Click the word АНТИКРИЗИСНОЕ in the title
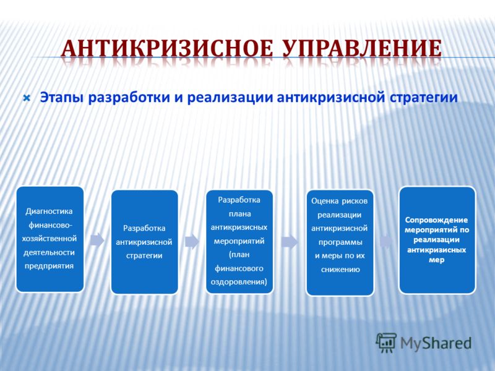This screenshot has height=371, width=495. pyautogui.click(x=166, y=48)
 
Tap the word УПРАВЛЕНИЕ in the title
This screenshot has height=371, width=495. pyautogui.click(x=362, y=48)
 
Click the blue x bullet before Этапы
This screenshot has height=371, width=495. pyautogui.click(x=27, y=98)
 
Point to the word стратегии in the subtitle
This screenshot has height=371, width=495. pyautogui.click(x=423, y=98)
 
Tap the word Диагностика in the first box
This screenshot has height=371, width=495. pyautogui.click(x=49, y=211)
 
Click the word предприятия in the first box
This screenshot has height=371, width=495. pyautogui.click(x=49, y=266)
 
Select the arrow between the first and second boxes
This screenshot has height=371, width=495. pyautogui.click(x=97, y=241)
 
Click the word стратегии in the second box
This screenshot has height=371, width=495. pyautogui.click(x=144, y=255)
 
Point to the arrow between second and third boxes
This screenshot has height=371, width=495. pyautogui.click(x=192, y=242)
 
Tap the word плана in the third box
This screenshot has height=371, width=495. pyautogui.click(x=240, y=214)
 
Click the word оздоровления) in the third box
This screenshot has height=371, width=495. pyautogui.click(x=239, y=282)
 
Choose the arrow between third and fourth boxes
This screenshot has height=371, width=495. pyautogui.click(x=290, y=242)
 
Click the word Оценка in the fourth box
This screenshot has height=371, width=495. pyautogui.click(x=325, y=201)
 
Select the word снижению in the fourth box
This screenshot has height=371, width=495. pyautogui.click(x=340, y=270)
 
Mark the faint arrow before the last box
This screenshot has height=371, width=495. pyautogui.click(x=386, y=242)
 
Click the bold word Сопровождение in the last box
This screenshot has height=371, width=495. pyautogui.click(x=437, y=220)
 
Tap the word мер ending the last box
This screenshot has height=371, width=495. pyautogui.click(x=437, y=260)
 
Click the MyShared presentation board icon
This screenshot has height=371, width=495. pyautogui.click(x=386, y=343)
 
